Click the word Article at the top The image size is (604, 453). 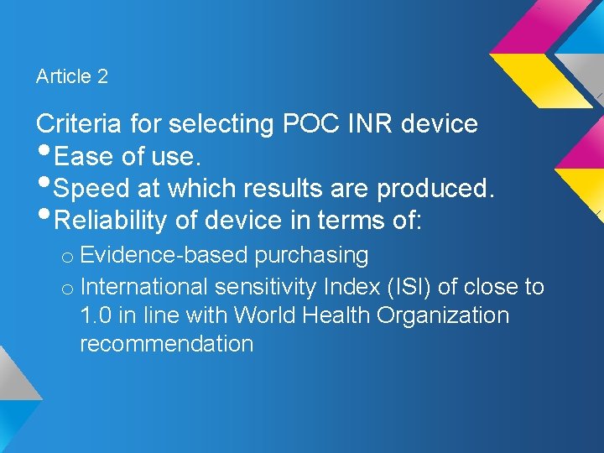(64, 76)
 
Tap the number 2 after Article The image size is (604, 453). (102, 76)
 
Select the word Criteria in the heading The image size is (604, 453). (80, 124)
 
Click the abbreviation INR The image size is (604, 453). (369, 124)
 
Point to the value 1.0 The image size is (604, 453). (96, 315)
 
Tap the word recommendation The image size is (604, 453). (166, 344)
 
